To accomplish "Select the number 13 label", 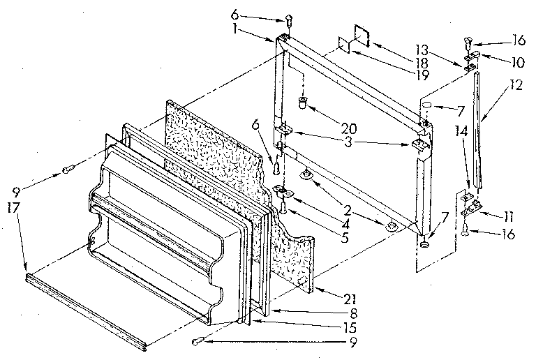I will (x=440, y=50).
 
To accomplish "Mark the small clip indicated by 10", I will (x=472, y=54).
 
